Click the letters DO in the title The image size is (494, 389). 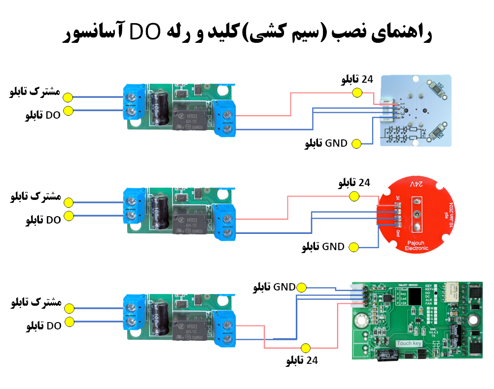pyautogui.click(x=144, y=33)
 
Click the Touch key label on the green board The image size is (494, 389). pyautogui.click(x=410, y=343)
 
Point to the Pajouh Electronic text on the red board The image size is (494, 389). pyautogui.click(x=416, y=246)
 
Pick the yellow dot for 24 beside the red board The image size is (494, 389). pyautogui.click(x=353, y=196)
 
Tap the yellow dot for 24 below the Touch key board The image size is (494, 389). pyautogui.click(x=306, y=348)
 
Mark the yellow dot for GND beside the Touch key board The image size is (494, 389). pyautogui.click(x=302, y=287)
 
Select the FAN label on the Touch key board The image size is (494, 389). pyautogui.click(x=429, y=304)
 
